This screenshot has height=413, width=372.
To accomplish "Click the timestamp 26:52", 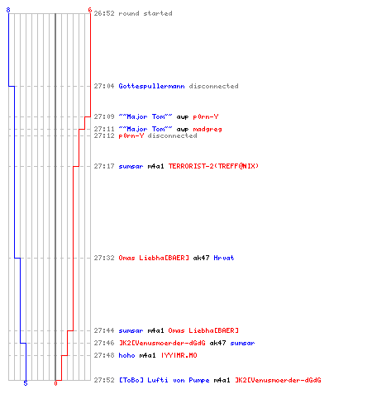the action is [104, 13].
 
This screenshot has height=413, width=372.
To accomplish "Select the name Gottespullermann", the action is [151, 86].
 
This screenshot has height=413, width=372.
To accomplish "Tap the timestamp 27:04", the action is [104, 86].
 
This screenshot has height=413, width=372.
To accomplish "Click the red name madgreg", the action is [207, 129].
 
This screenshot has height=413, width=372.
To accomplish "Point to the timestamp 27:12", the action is [104, 135].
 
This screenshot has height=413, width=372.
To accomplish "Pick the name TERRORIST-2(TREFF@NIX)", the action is [213, 166].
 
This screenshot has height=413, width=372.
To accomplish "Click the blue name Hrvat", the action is [224, 258].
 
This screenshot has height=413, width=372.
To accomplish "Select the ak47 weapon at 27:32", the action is [201, 258].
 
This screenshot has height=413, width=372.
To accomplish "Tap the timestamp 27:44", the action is [104, 330].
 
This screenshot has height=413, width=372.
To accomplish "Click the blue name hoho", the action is [126, 355].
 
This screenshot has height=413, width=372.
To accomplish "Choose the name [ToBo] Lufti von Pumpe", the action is [164, 380].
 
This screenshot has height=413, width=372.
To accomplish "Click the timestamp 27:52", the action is [104, 380].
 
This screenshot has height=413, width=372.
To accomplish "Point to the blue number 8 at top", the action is [8, 10].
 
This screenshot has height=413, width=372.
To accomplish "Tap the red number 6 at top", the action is [90, 10].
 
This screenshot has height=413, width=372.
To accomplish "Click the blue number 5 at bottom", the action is [26, 383].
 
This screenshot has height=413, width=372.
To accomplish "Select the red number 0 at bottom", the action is [55, 383].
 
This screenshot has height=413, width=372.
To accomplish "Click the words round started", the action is [145, 13].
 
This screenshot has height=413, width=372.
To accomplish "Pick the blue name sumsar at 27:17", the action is [131, 166].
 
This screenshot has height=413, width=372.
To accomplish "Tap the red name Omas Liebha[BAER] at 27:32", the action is [154, 258].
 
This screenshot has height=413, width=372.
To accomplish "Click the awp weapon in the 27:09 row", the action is [183, 117].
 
